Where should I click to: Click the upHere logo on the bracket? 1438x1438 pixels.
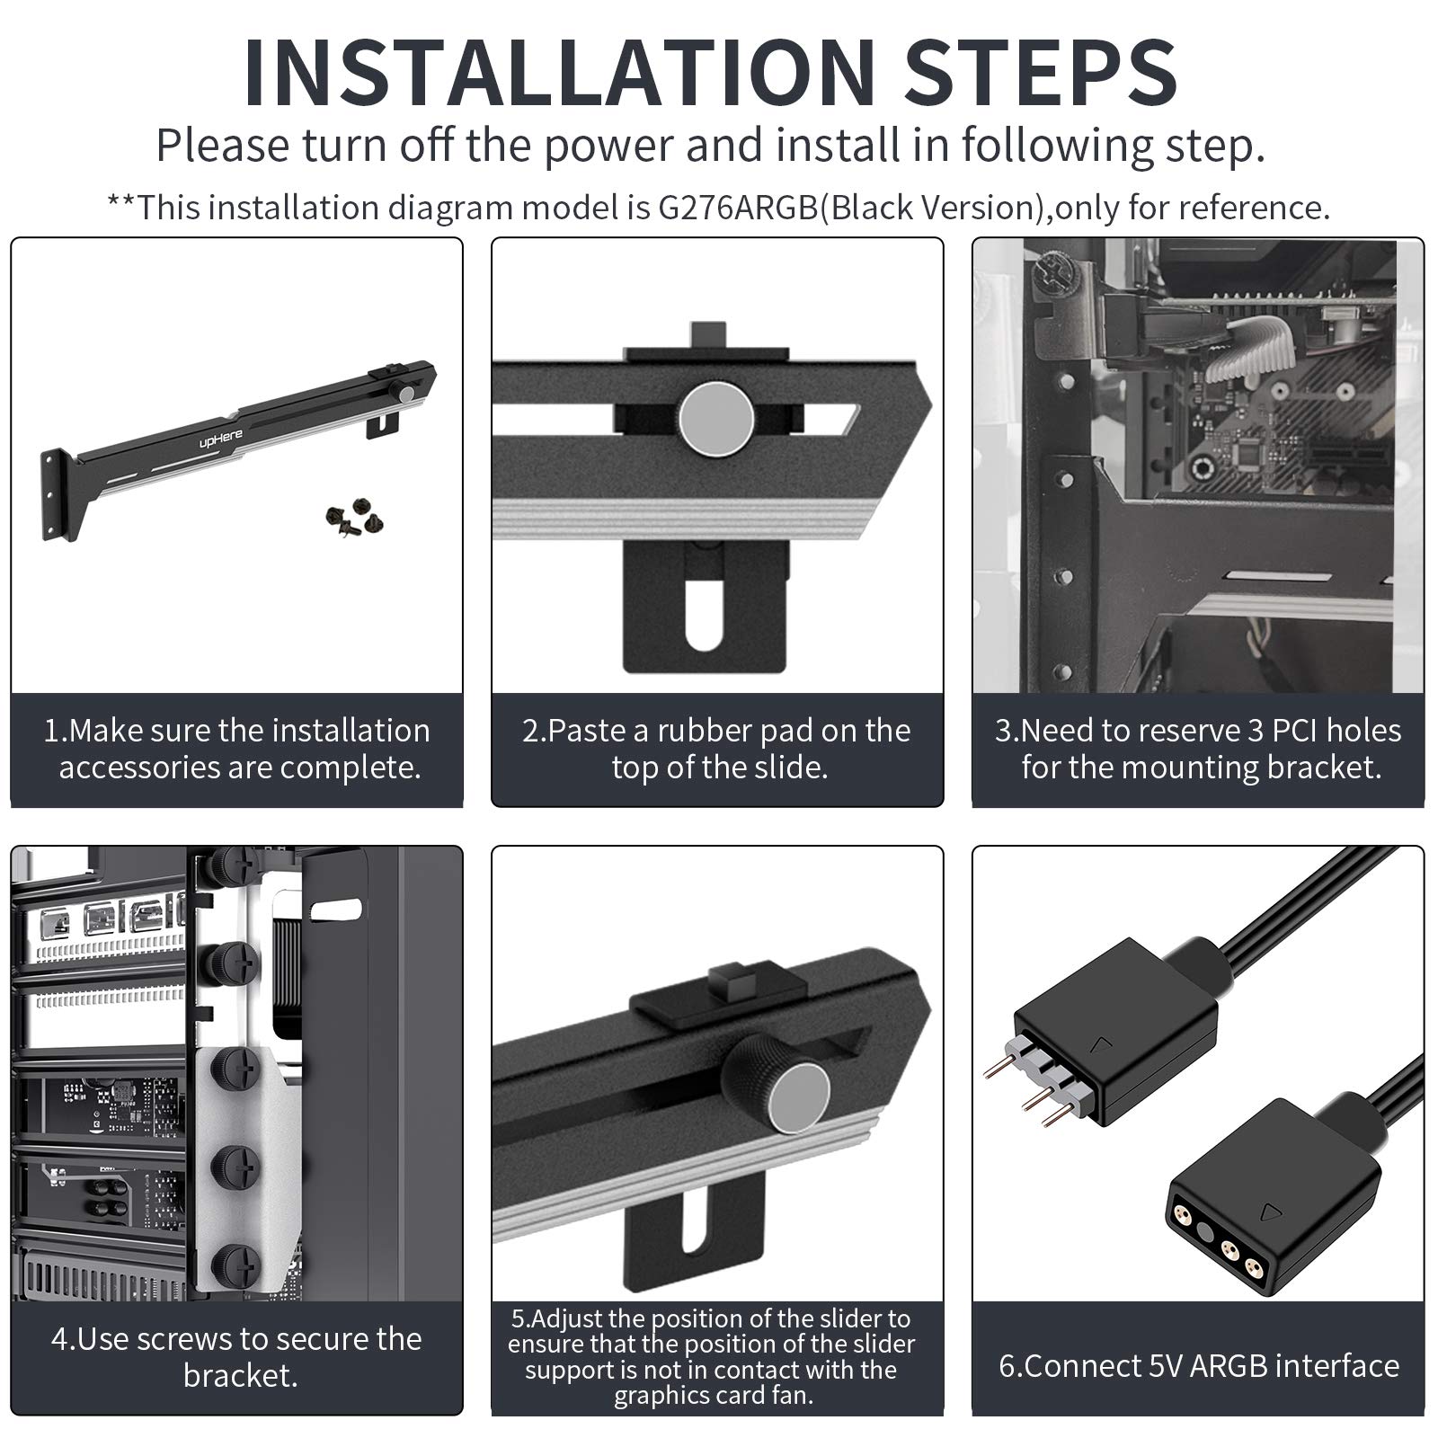[221, 439]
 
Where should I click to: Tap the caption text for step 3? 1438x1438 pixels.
[1198, 749]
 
